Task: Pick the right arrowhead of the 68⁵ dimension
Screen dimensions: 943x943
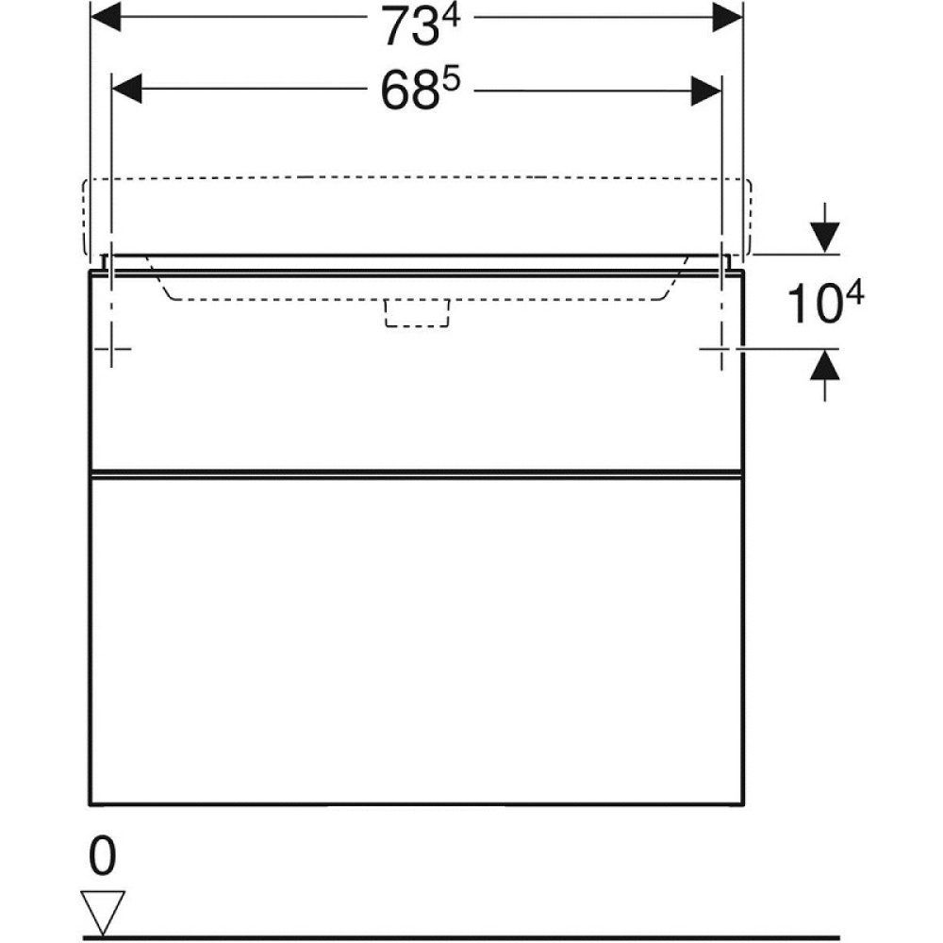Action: pyautogui.click(x=705, y=91)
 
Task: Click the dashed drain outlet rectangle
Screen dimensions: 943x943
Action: pyautogui.click(x=416, y=313)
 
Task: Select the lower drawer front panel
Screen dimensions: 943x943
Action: pyautogui.click(x=416, y=641)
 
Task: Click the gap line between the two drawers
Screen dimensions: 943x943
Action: pyautogui.click(x=416, y=471)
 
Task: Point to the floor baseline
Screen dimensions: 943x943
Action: pyautogui.click(x=471, y=937)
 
